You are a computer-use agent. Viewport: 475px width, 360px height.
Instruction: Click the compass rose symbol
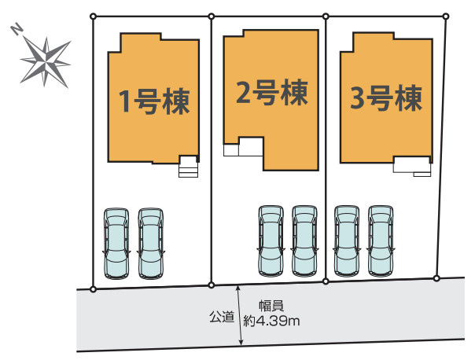point(46,60)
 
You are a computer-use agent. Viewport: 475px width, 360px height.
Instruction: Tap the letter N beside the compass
point(17,30)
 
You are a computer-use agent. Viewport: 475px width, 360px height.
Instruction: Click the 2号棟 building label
point(271,92)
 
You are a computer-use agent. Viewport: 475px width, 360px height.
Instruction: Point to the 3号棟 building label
point(386,99)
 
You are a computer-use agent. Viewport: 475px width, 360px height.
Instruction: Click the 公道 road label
point(221,317)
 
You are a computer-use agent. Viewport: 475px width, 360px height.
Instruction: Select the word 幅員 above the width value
point(272,307)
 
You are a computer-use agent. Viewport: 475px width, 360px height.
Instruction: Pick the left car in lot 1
point(116,242)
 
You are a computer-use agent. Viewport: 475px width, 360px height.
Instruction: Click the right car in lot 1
point(149,242)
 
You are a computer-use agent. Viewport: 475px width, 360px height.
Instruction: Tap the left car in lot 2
point(271,240)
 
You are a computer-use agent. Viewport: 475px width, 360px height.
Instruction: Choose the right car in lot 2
point(304,240)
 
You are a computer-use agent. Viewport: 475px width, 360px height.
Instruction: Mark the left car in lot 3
point(347,240)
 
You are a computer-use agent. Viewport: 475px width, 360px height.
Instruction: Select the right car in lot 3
point(381,240)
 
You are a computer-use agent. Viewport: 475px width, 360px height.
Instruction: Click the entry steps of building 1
point(189,167)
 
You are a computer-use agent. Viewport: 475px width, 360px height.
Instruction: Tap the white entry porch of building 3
point(413,166)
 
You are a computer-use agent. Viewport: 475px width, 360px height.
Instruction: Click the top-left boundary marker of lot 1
point(94,16)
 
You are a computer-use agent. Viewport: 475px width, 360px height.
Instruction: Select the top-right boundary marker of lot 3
point(447,14)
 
